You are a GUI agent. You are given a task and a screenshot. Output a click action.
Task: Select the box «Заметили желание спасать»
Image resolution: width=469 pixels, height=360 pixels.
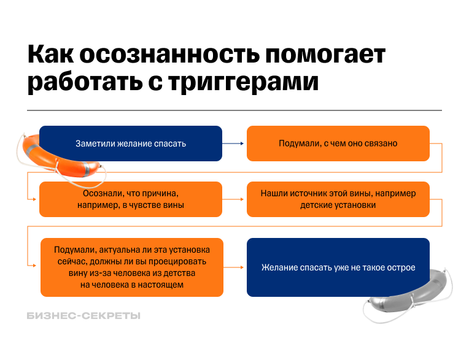131,144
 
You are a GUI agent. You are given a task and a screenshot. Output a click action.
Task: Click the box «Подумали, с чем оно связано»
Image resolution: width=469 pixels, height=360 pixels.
338,144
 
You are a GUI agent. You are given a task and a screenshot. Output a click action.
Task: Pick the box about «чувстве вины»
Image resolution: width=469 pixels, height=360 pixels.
131,199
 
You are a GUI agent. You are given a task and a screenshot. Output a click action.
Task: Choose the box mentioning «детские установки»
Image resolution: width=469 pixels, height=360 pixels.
338,199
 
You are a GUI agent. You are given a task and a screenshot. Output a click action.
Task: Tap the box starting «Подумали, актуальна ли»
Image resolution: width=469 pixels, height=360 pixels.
132,267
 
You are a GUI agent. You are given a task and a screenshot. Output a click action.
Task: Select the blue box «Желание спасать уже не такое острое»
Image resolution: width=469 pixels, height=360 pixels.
338,267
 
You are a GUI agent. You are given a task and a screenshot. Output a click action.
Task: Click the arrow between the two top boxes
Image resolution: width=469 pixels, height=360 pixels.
234,144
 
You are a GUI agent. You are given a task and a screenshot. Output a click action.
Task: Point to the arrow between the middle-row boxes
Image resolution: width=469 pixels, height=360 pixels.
234,199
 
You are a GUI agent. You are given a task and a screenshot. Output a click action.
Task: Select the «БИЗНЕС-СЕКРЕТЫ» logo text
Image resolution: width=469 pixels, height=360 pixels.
84,316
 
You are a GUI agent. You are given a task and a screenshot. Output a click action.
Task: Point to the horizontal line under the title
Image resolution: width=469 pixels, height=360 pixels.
234,110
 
